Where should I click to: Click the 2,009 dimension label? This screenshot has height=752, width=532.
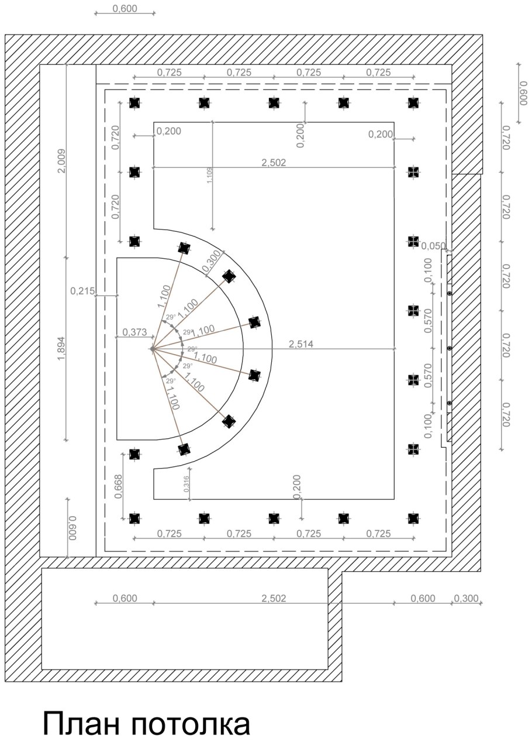pyautogui.click(x=62, y=161)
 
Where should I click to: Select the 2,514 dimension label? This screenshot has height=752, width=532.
pyautogui.click(x=301, y=344)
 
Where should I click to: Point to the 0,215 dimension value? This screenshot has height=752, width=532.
pyautogui.click(x=82, y=291)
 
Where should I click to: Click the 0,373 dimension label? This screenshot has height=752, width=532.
pyautogui.click(x=134, y=332)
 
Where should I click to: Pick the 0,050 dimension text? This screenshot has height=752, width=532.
pyautogui.click(x=433, y=246)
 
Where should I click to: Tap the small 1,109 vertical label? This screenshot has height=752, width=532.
pyautogui.click(x=209, y=175)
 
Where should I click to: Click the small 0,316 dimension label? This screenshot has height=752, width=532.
pyautogui.click(x=186, y=484)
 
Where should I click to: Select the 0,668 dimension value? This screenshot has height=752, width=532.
pyautogui.click(x=119, y=486)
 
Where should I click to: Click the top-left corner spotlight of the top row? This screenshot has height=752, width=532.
pyautogui.click(x=134, y=102)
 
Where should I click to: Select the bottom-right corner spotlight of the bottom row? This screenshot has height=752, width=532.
pyautogui.click(x=413, y=518)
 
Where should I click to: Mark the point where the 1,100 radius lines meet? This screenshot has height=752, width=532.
pyautogui.click(x=152, y=349)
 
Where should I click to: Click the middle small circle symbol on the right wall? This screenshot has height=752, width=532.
pyautogui.click(x=450, y=348)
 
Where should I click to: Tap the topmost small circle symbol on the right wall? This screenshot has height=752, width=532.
pyautogui.click(x=450, y=293)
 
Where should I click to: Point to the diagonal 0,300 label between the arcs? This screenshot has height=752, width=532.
pyautogui.click(x=212, y=261)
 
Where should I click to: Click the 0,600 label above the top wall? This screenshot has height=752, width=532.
pyautogui.click(x=125, y=8)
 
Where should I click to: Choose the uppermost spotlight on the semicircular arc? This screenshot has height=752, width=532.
pyautogui.click(x=184, y=248)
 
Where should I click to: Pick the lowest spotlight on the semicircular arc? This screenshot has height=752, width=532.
pyautogui.click(x=184, y=449)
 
